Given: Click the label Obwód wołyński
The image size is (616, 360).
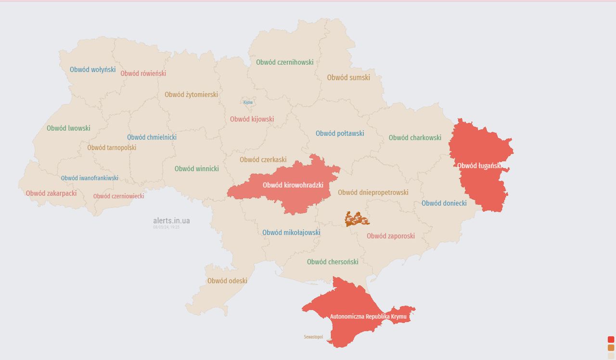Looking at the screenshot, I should point(92,69).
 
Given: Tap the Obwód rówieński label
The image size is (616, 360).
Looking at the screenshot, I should point(143,74).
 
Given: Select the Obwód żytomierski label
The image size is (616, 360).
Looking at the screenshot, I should point(191,95).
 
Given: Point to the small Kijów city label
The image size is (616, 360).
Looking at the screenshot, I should point(248,103).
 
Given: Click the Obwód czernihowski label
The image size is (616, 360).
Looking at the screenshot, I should point(284,62).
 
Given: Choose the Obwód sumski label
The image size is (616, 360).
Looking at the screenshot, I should point(348,77).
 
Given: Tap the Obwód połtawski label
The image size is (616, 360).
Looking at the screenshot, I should point(340,133).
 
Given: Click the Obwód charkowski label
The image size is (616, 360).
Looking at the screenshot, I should point(415,138).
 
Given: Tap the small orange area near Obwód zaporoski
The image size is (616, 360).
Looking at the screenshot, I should point(357,219).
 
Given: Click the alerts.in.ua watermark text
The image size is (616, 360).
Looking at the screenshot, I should point(171,221).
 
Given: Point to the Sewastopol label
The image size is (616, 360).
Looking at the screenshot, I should point(313,337).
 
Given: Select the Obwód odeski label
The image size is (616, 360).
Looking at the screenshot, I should point(227,281).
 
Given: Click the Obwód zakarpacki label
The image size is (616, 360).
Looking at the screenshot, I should point(51,193).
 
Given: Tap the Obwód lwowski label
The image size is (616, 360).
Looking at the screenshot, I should point(68,129).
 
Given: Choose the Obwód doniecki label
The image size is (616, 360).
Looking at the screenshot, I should point(444,203).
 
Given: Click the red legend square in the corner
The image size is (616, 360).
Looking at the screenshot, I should point(611,339).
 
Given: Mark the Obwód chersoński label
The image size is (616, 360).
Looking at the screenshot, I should point(333,262).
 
